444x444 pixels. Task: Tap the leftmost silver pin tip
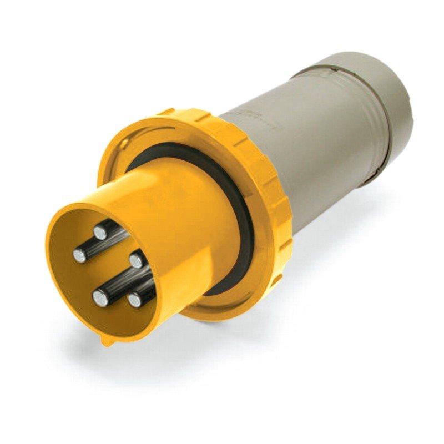coord(80,256)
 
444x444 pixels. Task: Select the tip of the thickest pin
coord(100,299)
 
